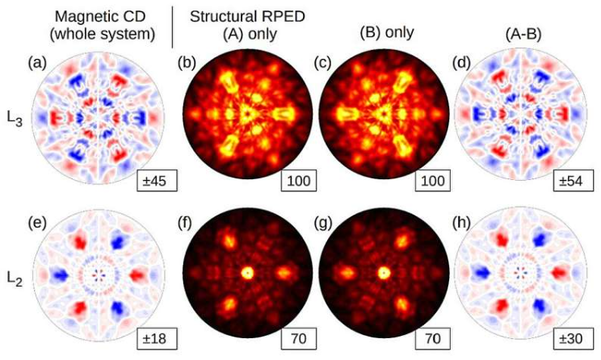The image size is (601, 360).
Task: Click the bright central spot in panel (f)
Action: (246, 273)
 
